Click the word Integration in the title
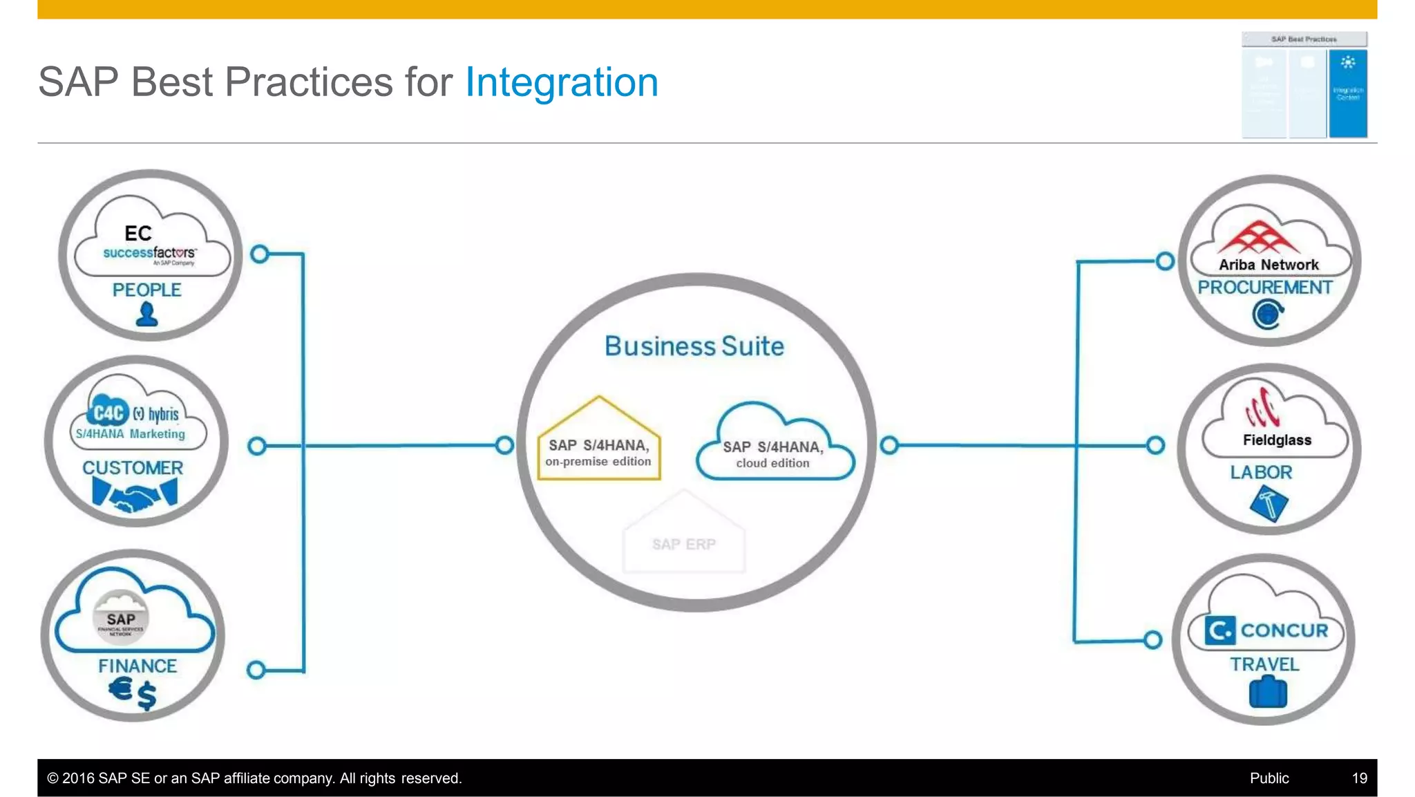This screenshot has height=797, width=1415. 561,82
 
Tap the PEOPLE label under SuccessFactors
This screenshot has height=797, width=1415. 146,290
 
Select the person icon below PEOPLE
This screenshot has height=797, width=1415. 146,315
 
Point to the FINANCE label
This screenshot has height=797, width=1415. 137,666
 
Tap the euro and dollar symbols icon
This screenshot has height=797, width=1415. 133,693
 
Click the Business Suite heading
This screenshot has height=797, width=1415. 694,346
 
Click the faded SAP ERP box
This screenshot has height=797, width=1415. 684,543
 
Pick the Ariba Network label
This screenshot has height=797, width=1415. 1269,265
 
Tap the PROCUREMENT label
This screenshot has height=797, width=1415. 1265,288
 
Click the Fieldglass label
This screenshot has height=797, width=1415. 1277,440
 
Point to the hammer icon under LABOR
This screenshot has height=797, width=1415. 1269,504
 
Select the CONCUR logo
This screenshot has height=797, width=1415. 1267,630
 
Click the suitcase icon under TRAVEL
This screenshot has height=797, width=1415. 1268,693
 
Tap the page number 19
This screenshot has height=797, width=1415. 1359,778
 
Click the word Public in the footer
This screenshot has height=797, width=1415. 1269,778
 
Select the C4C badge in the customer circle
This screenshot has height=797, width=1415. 108,413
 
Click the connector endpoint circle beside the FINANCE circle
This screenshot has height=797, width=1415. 256,669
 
